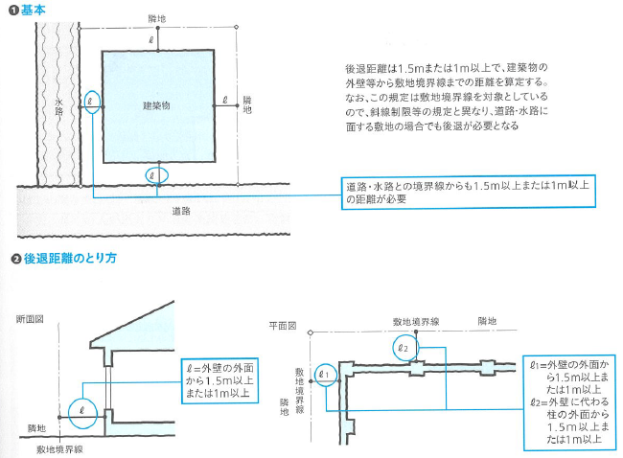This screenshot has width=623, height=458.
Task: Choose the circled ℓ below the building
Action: (155, 175)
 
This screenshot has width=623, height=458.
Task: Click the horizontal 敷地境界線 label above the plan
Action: (415, 322)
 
